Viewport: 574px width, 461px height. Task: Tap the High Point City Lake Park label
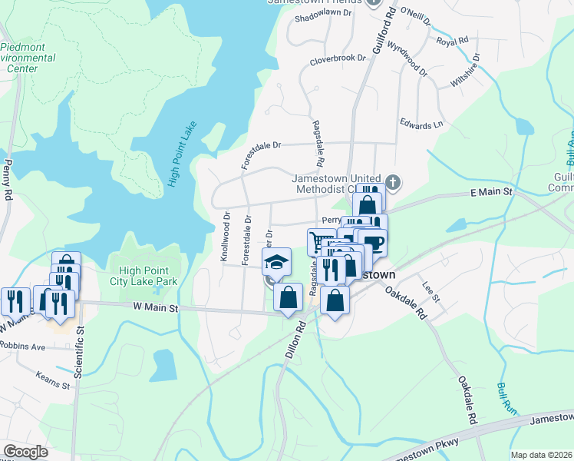click(x=149, y=276)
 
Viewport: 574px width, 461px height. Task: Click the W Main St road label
click(x=157, y=308)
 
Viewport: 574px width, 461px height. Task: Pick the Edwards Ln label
click(x=421, y=124)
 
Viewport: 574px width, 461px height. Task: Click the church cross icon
click(x=393, y=182)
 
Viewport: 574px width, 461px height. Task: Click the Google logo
click(x=26, y=452)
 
